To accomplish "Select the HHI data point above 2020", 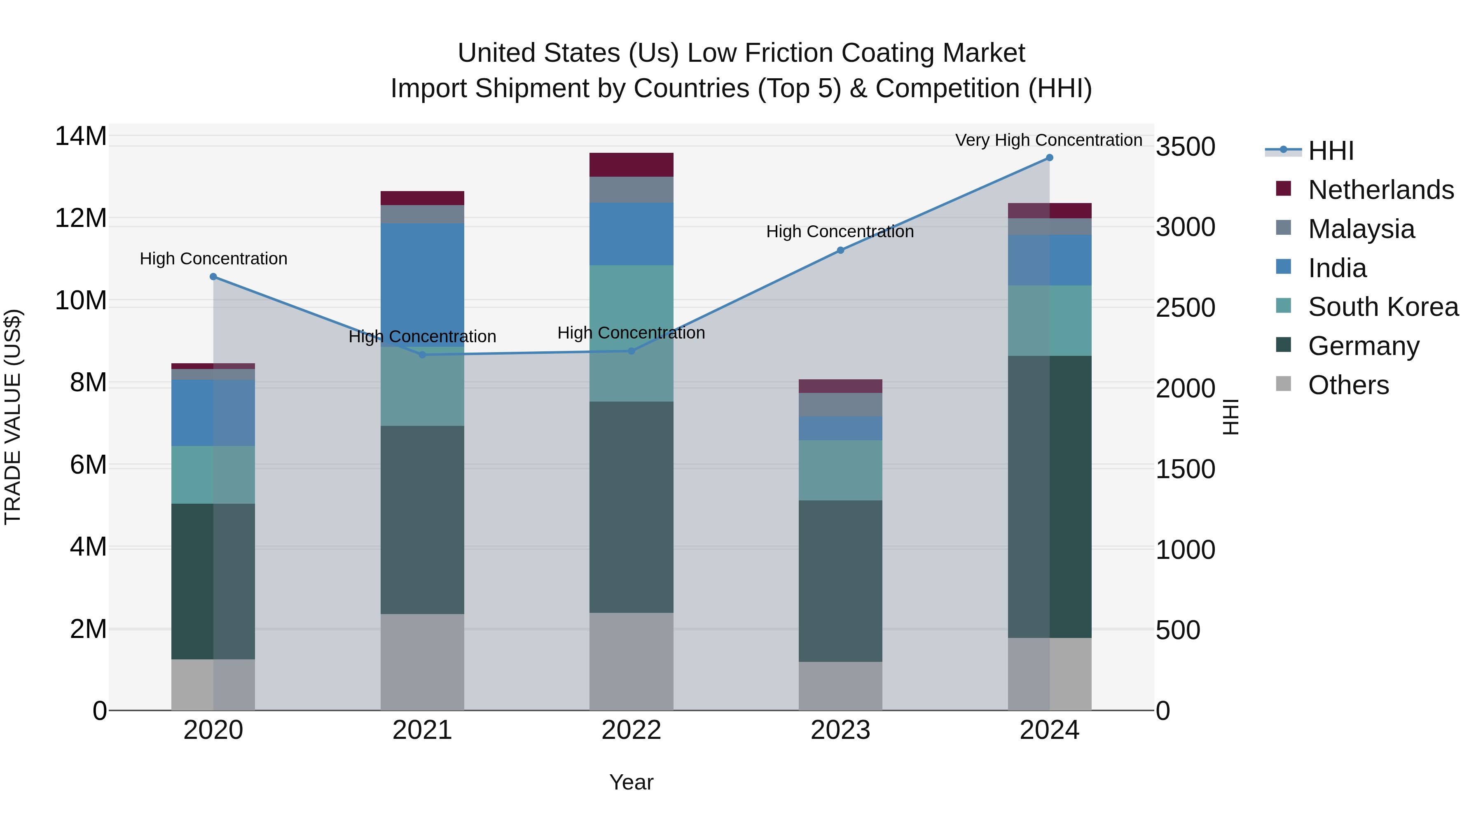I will click(x=213, y=277).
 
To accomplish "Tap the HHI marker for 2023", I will click(x=840, y=250).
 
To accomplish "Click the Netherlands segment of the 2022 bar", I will click(x=631, y=165).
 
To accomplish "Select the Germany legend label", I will click(x=1363, y=346).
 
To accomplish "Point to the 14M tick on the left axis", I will click(x=81, y=136).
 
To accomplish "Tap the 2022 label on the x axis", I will click(x=631, y=730).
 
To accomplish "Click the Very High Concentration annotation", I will click(x=1048, y=140).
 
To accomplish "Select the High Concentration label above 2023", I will click(x=840, y=231).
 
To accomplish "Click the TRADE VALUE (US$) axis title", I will click(x=13, y=417).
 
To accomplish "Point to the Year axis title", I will click(x=631, y=782).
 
